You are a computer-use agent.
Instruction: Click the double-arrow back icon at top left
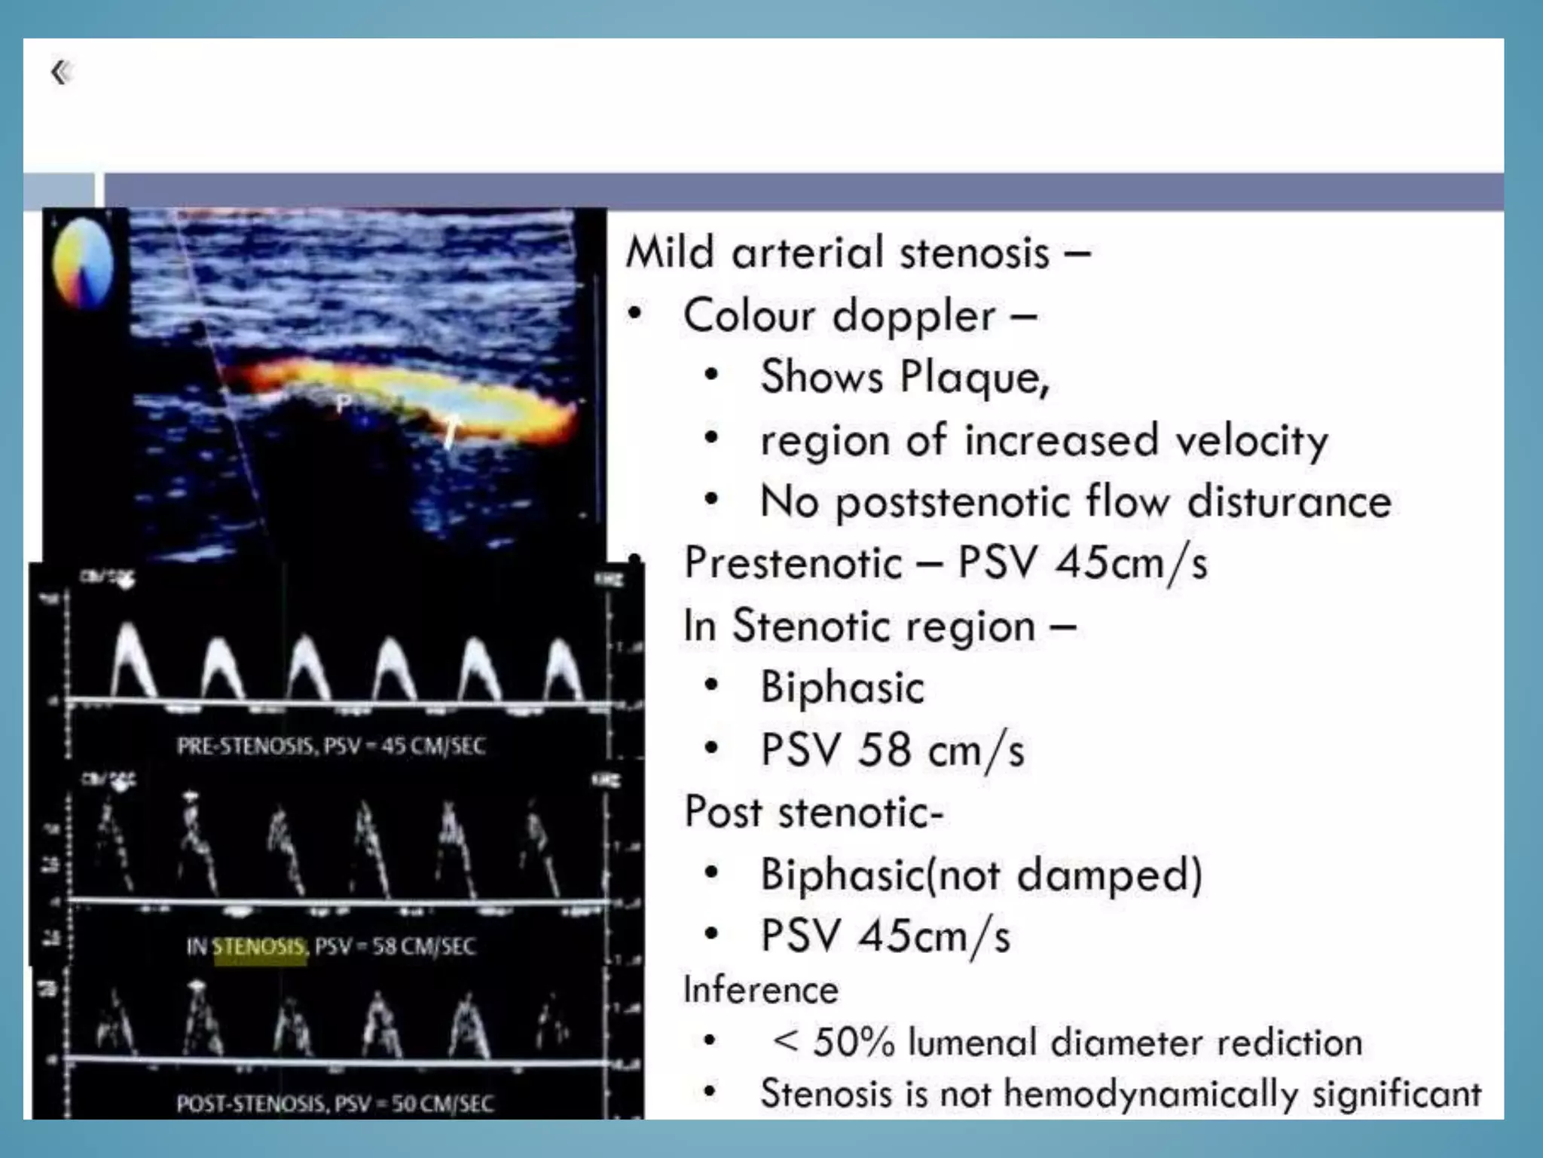point(60,72)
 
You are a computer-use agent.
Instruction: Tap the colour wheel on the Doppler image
point(83,263)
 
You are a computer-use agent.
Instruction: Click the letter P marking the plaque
point(344,403)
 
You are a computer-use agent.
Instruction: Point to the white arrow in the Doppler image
point(450,430)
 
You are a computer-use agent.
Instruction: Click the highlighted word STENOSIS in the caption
point(259,947)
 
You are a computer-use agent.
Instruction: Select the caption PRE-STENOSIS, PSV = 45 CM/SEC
point(331,746)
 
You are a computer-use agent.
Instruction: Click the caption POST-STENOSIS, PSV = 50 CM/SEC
point(335,1104)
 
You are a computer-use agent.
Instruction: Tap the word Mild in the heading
point(669,253)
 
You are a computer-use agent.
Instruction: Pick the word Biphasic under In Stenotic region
point(842,688)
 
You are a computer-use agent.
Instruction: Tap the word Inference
point(759,990)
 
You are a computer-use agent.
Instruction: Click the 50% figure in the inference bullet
point(853,1043)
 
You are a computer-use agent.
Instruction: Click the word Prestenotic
point(793,563)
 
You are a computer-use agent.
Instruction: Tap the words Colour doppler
point(839,315)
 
